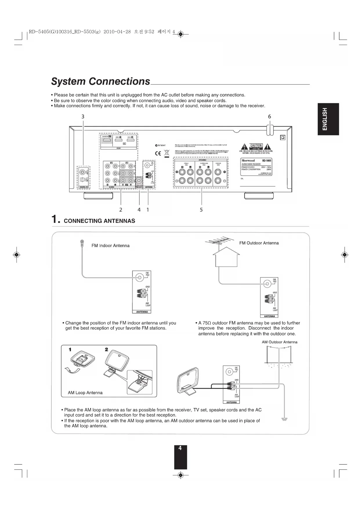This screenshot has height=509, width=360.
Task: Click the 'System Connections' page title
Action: (101, 82)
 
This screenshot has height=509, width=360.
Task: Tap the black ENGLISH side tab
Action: (328, 119)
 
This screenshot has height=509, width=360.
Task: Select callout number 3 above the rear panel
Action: (83, 116)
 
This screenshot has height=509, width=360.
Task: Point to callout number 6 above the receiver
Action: (269, 116)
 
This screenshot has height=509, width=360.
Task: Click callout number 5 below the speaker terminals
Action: (201, 210)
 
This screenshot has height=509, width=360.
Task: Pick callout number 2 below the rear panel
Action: (121, 210)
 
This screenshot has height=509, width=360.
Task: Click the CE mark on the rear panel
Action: (158, 153)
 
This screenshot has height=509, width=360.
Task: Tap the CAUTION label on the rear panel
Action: (256, 145)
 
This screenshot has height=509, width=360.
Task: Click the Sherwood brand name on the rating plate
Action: (248, 160)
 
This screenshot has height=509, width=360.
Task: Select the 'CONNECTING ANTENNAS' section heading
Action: (99, 221)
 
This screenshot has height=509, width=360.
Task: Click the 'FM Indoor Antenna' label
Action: (111, 246)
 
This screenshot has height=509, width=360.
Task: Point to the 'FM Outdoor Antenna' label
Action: (259, 243)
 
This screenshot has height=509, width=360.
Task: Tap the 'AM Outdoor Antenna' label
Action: (279, 342)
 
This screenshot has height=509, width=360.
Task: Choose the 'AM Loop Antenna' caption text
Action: (85, 393)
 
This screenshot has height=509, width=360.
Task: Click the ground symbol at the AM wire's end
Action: (284, 419)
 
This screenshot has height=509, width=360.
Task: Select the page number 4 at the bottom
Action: (180, 448)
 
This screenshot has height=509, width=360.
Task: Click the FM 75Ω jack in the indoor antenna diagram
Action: (140, 277)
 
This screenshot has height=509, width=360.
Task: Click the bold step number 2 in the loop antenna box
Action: (106, 349)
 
